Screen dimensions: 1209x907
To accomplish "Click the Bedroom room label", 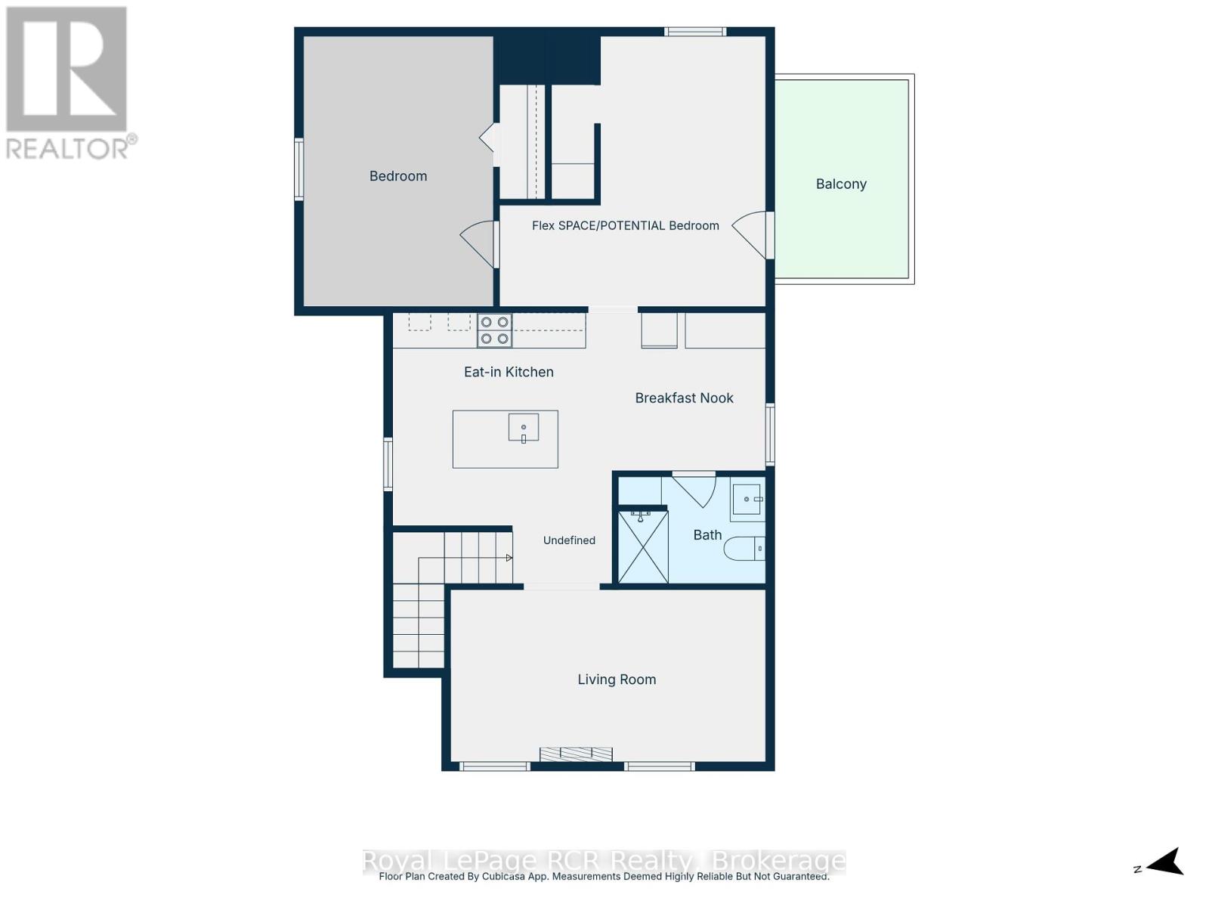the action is [x=397, y=176].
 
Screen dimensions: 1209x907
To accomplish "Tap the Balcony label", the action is [x=840, y=184].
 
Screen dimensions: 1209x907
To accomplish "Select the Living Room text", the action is [x=617, y=679].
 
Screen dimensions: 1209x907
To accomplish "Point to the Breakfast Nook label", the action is [x=684, y=398].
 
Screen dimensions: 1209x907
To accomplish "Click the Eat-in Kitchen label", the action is [x=509, y=373].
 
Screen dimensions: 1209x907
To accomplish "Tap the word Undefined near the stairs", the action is [x=569, y=540].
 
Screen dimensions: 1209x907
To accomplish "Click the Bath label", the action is [x=707, y=534].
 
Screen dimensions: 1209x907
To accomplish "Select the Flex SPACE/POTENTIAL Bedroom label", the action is [x=625, y=226].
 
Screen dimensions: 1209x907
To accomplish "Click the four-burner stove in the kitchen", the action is [x=494, y=330].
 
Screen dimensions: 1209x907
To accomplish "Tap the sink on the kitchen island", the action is [x=523, y=427].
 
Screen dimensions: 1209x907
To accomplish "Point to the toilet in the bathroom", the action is [x=744, y=548].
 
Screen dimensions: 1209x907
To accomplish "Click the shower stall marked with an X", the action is [x=643, y=546].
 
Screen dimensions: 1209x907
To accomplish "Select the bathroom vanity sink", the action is [x=747, y=499].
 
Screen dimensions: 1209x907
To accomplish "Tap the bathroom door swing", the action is [x=694, y=488].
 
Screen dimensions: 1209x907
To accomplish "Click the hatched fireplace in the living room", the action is [x=576, y=754].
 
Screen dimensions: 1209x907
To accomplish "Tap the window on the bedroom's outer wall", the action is [x=298, y=169].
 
